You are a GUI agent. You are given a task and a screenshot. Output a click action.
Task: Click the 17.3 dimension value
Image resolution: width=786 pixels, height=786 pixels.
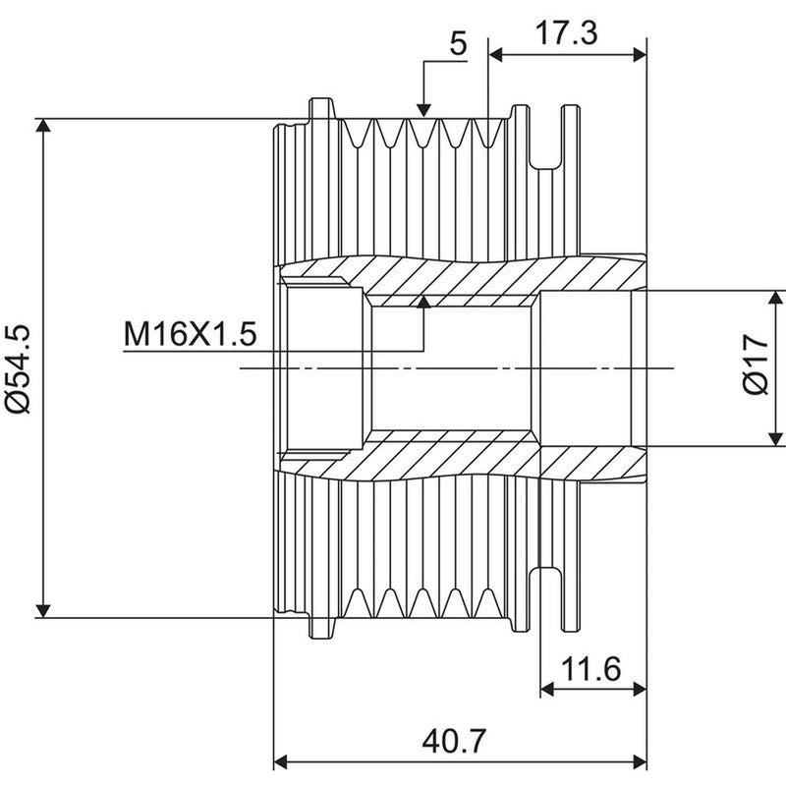(567, 33)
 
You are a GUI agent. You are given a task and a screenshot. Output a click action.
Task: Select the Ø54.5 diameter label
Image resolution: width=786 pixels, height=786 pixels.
(18, 368)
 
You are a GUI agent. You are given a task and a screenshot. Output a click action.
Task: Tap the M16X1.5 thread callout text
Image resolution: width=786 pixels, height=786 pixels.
(190, 334)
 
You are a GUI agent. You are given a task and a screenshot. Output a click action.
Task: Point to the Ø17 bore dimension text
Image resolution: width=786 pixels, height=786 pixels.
(755, 365)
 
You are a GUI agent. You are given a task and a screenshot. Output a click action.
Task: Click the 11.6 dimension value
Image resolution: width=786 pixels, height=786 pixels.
(591, 669)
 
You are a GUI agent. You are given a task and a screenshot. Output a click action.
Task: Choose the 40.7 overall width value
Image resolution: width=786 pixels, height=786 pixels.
(454, 742)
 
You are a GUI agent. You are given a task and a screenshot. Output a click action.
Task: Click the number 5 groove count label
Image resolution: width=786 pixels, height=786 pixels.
(458, 43)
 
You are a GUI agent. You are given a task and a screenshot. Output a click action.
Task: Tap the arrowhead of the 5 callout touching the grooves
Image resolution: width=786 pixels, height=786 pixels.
(423, 110)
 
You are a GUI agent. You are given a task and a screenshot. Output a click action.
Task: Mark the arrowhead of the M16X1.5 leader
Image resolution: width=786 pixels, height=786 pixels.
(424, 302)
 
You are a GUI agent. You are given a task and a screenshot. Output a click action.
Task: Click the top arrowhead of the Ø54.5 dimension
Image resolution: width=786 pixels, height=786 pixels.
(43, 126)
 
